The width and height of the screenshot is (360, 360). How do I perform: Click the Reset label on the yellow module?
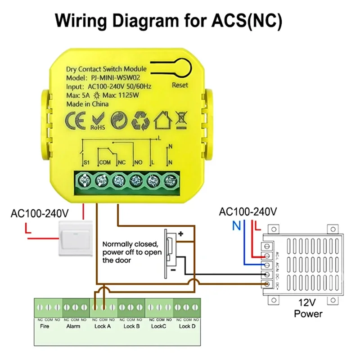point(180,85)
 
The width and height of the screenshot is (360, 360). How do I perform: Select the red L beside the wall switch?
point(28,231)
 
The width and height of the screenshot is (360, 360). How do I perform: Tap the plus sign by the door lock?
point(181,234)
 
